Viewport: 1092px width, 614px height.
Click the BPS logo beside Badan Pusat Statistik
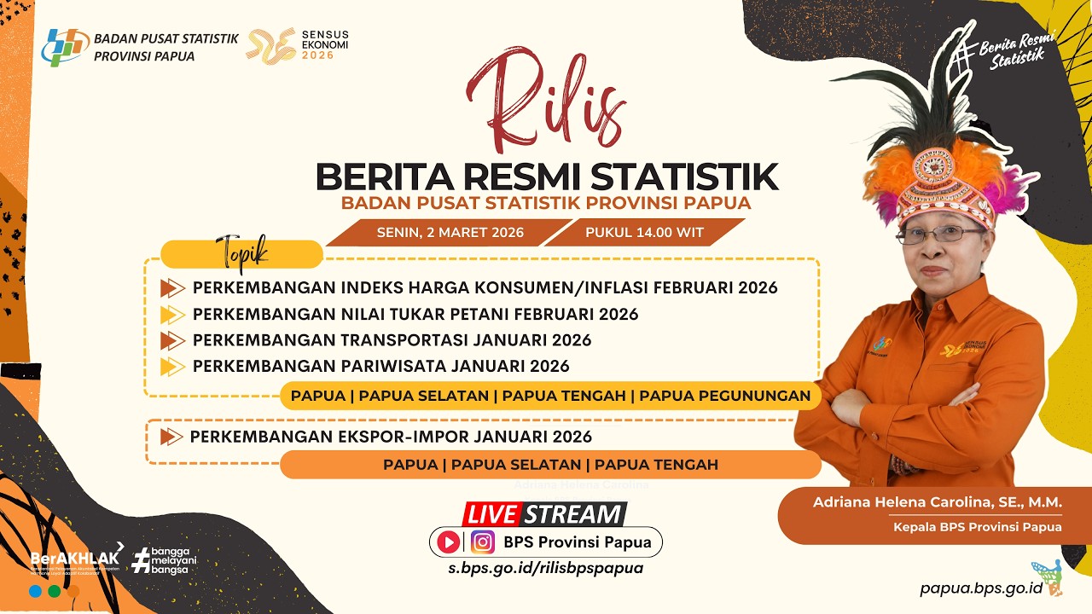pyautogui.click(x=64, y=48)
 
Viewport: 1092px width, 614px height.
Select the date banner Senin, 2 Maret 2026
pyautogui.click(x=450, y=232)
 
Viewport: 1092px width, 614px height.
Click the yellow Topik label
pyautogui.click(x=242, y=253)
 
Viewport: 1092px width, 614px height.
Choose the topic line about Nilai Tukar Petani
pyautogui.click(x=415, y=314)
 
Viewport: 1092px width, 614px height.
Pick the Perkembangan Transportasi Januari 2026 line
pyautogui.click(x=392, y=340)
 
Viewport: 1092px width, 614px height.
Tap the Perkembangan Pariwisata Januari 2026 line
pyautogui.click(x=380, y=367)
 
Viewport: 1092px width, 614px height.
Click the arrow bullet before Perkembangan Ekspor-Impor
pyautogui.click(x=171, y=437)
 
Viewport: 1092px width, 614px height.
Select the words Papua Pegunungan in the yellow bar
pyautogui.click(x=724, y=396)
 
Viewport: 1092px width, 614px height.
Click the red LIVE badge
pyautogui.click(x=492, y=514)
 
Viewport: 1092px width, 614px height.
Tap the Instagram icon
pyautogui.click(x=483, y=542)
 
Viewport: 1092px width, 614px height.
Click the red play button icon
pyautogui.click(x=448, y=542)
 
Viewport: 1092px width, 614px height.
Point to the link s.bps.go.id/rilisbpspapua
pyautogui.click(x=546, y=568)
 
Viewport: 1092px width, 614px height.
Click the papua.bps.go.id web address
pyautogui.click(x=981, y=588)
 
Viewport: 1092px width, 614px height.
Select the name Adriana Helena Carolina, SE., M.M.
pyautogui.click(x=937, y=502)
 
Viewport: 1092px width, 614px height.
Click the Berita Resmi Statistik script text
pyautogui.click(x=1017, y=49)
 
